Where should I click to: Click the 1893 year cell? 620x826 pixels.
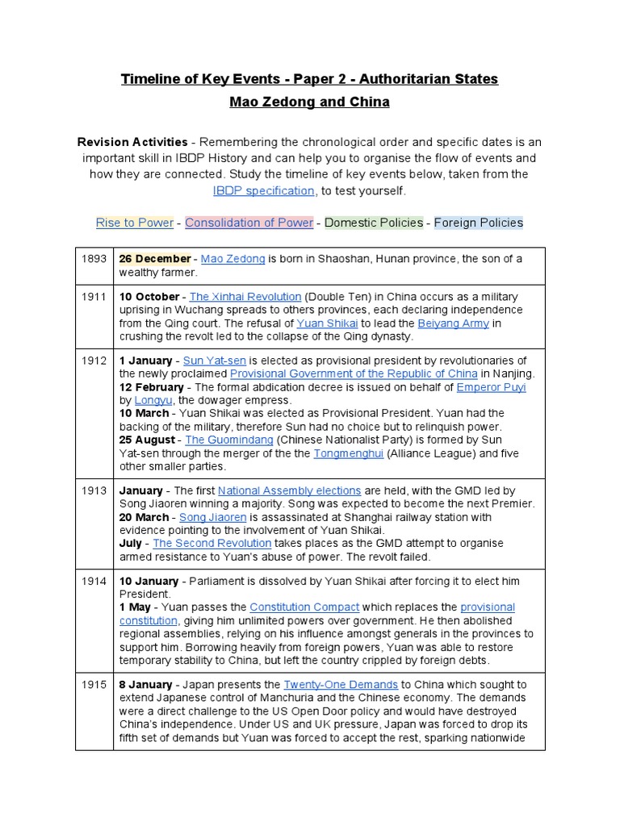(94, 259)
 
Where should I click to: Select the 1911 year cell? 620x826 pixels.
(94, 298)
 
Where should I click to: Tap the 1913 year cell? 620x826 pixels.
(94, 490)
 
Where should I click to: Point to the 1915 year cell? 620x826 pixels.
(94, 684)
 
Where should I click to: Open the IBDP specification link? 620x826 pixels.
(263, 190)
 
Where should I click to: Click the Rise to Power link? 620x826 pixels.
(135, 223)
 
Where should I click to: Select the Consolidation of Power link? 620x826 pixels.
(249, 223)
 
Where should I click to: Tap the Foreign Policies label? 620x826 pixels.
(479, 223)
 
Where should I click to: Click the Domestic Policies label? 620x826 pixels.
(374, 223)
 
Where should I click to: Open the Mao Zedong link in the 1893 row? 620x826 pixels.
(232, 259)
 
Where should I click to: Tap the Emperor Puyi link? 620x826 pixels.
(491, 387)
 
